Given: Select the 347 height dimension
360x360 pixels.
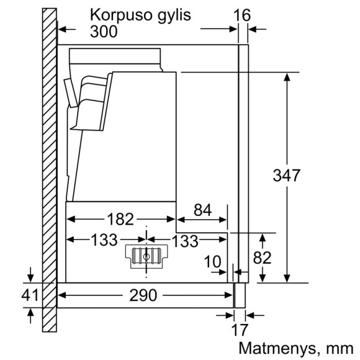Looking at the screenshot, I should [x=287, y=176].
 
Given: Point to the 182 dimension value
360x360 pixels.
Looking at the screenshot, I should [x=120, y=219].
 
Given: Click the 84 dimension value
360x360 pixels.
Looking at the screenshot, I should [x=202, y=210].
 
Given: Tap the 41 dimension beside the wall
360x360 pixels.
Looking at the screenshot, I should [x=30, y=296].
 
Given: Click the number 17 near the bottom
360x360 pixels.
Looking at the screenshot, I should [x=239, y=330].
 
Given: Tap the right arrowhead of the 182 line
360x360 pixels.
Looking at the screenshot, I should [x=173, y=219].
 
